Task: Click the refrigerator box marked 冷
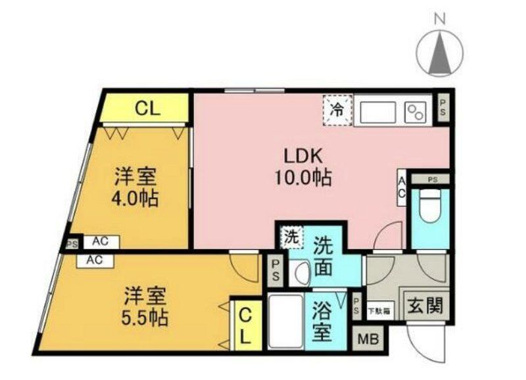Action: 337,109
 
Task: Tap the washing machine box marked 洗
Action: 290,236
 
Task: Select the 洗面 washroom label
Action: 323,256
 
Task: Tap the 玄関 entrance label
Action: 423,306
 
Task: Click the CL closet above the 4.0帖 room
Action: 147,108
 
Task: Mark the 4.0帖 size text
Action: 135,197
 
